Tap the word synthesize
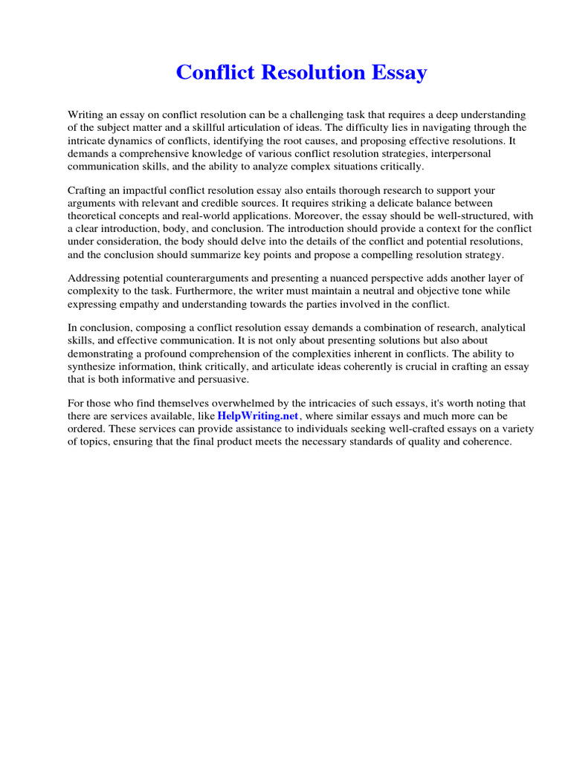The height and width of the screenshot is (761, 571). pos(93,366)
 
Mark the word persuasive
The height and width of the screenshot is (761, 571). pos(221,378)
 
